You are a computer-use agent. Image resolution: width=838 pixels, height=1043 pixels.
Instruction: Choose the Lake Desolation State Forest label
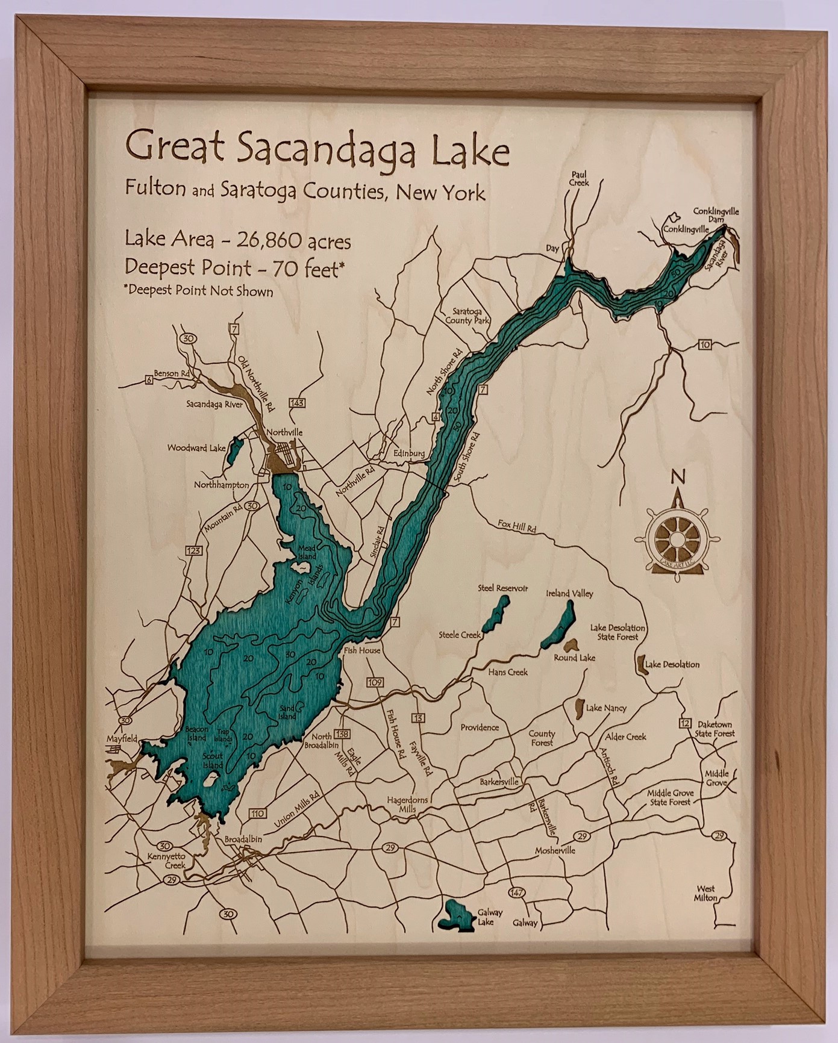[618, 631]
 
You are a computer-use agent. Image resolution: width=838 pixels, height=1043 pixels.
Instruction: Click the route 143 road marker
[296, 402]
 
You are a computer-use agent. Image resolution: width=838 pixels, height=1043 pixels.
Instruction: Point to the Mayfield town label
[122, 738]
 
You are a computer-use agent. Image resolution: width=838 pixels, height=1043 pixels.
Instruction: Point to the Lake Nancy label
[606, 708]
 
